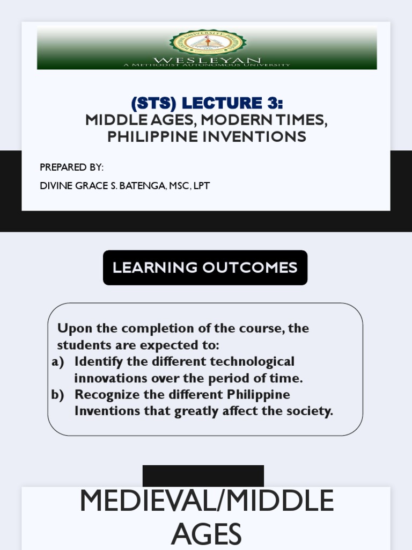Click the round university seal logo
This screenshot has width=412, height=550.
pyautogui.click(x=207, y=44)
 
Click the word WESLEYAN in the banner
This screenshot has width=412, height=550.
pyautogui.click(x=207, y=60)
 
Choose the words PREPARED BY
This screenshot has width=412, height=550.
pyautogui.click(x=71, y=168)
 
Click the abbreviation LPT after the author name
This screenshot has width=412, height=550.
pyautogui.click(x=201, y=186)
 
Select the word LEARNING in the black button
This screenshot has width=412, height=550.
pyautogui.click(x=148, y=267)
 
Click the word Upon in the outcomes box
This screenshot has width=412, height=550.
pyautogui.click(x=71, y=328)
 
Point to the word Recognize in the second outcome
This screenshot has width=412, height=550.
pyautogui.click(x=102, y=395)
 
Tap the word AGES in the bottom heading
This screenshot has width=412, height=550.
pyautogui.click(x=206, y=534)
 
